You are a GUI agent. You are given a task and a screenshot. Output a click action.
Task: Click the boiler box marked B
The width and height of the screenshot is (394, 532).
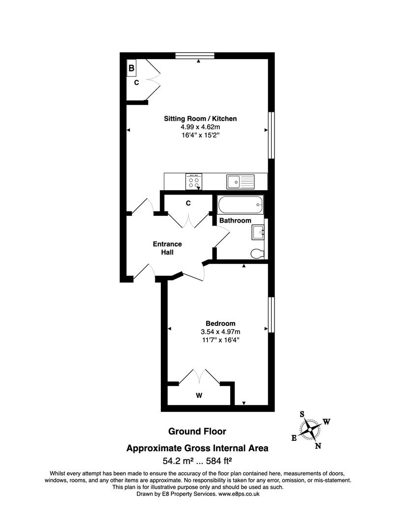pyautogui.click(x=131, y=68)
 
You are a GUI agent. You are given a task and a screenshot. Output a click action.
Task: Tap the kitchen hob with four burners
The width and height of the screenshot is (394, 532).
pyautogui.click(x=194, y=182)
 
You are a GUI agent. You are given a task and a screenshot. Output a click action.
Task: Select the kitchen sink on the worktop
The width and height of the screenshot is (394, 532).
pyautogui.click(x=240, y=182)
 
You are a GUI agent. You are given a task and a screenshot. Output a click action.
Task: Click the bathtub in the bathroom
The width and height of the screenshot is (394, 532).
pyautogui.click(x=241, y=204)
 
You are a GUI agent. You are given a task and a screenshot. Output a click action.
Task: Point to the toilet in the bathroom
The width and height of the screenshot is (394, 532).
pyautogui.click(x=257, y=253)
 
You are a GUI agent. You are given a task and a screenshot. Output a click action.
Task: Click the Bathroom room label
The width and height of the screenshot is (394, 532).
pyautogui.click(x=235, y=220)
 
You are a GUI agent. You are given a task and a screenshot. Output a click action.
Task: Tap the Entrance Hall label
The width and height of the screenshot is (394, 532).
pyautogui.click(x=167, y=248)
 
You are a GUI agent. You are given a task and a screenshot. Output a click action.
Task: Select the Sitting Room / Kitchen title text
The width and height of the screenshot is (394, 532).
pyautogui.click(x=200, y=119)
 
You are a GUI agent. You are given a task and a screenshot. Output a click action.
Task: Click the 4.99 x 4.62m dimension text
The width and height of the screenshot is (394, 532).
pyautogui.click(x=200, y=127)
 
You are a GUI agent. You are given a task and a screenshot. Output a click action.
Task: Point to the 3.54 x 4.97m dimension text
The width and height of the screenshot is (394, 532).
pyautogui.click(x=217, y=332)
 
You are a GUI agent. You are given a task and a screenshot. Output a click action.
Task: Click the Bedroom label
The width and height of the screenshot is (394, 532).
pyautogui.click(x=217, y=323)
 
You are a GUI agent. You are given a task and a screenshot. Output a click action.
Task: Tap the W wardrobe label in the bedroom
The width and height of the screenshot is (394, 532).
pyautogui.click(x=199, y=395)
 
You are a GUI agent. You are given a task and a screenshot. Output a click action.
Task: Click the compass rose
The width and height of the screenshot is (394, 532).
pyautogui.click(x=310, y=429)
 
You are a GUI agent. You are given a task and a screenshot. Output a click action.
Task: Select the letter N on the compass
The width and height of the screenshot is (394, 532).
pyautogui.click(x=318, y=446)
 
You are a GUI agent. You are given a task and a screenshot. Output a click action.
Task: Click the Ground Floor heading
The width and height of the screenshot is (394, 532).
pyautogui.click(x=197, y=432)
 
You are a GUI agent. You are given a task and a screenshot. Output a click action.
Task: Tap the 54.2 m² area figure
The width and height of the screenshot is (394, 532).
pyautogui.click(x=178, y=461)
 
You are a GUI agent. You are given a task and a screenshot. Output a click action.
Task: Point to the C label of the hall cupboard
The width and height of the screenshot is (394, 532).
pyautogui.click(x=188, y=203)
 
